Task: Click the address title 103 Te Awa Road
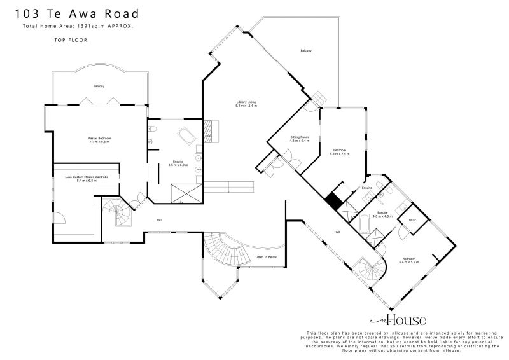76,13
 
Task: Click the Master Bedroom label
99,140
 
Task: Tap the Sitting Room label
300,139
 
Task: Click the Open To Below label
266,257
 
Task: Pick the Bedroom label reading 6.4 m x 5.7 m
408,261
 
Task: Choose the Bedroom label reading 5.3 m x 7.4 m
340,152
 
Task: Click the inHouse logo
398,319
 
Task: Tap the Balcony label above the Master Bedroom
99,86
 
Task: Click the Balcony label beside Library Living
306,51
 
